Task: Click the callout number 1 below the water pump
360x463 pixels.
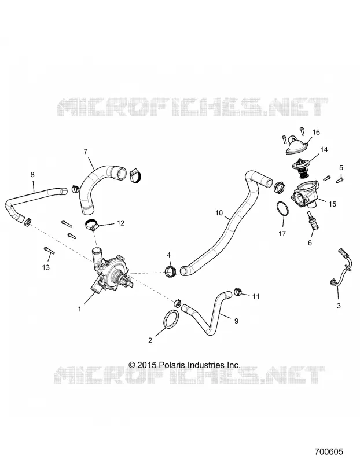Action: click(79, 309)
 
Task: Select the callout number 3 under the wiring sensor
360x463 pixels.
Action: click(339, 306)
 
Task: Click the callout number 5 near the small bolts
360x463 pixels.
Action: click(341, 168)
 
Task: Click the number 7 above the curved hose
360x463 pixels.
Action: click(86, 152)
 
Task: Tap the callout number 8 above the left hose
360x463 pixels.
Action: click(32, 175)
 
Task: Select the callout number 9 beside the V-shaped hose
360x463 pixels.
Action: click(236, 321)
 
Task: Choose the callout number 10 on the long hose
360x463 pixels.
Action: click(219, 213)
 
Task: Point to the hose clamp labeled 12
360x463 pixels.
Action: click(92, 225)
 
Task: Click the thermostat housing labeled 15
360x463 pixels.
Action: click(307, 194)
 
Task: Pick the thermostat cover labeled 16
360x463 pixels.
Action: click(296, 146)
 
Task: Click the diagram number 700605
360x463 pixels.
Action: click(329, 452)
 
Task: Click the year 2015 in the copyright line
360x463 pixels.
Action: click(147, 365)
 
